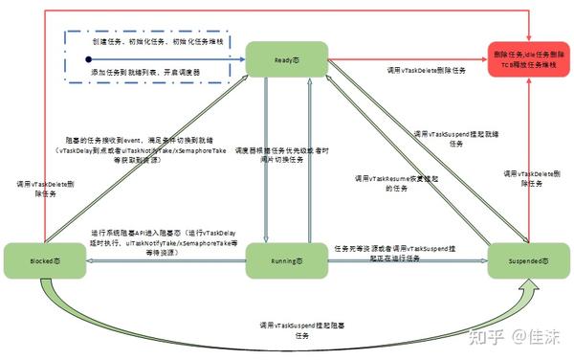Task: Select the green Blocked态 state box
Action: [39, 261]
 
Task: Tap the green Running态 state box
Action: [284, 261]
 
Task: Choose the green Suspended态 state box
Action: [525, 261]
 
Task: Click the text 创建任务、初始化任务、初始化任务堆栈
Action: [159, 44]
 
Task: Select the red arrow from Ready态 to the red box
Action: [402, 56]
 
